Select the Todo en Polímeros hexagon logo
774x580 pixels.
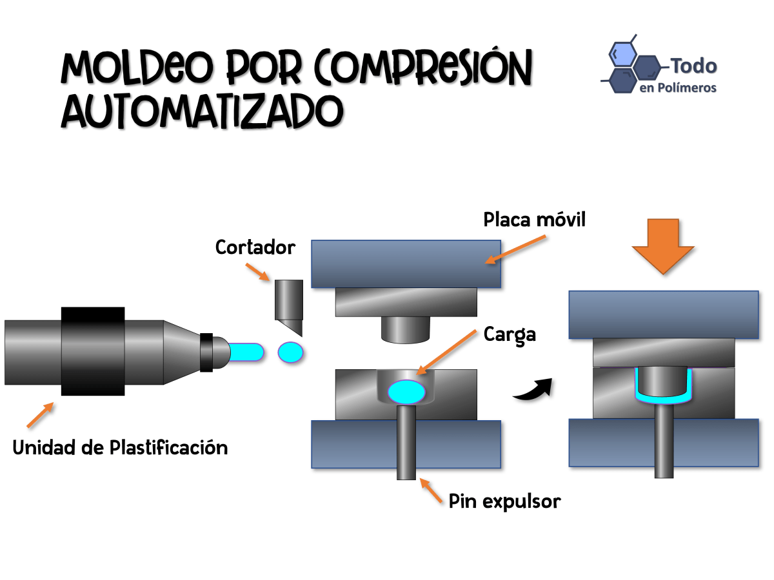point(632,65)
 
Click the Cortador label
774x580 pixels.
point(255,247)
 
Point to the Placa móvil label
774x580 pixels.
point(535,220)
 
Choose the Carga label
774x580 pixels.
point(510,334)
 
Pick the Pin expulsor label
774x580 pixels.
point(504,501)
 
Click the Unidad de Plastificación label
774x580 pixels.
point(120,447)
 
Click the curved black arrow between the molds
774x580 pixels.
point(533,389)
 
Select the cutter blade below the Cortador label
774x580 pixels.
point(288,306)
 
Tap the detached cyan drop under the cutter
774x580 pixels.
point(290,352)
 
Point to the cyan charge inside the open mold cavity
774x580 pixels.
point(406,391)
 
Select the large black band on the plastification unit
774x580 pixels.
point(93,351)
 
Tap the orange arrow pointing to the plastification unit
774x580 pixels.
point(39,416)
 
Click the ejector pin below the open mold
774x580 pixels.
point(406,451)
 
